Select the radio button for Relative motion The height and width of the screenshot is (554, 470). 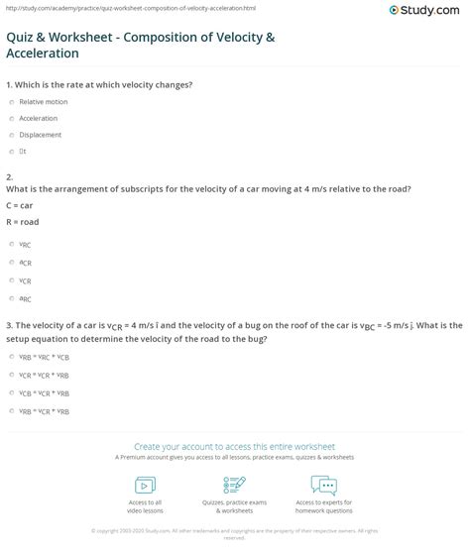pos(10,101)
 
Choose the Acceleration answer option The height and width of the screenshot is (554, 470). pos(10,118)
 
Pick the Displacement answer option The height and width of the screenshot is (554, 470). pos(10,135)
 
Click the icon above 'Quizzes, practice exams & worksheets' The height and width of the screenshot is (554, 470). pos(235,487)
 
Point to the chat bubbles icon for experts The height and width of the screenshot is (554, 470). pos(323,487)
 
